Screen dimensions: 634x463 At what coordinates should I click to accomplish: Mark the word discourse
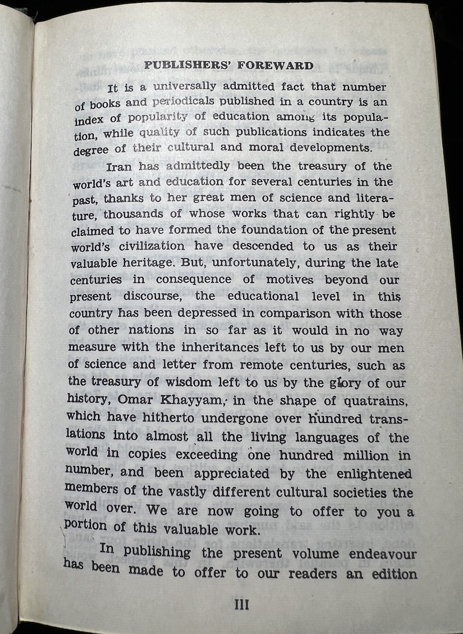pyautogui.click(x=162, y=296)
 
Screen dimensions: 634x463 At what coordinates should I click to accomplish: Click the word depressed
pyautogui.click(x=221, y=313)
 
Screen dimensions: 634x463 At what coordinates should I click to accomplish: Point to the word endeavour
pyautogui.click(x=383, y=554)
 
